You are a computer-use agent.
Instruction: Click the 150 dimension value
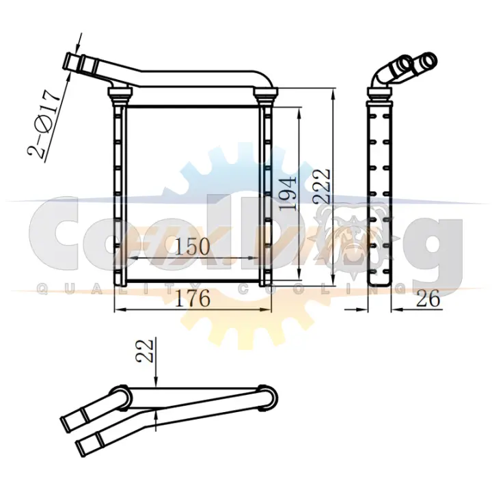coord(192,246)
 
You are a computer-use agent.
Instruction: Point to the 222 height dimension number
coord(322,187)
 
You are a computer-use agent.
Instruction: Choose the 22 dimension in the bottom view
coord(146,351)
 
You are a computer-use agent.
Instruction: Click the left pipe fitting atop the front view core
coord(120,95)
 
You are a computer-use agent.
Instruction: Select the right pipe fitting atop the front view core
coord(265,95)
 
